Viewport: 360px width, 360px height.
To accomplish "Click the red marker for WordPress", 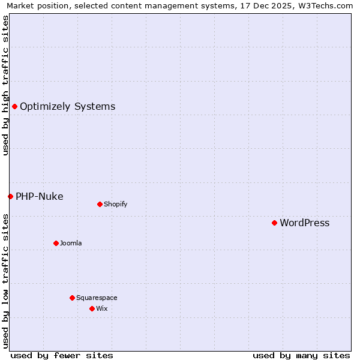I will pyautogui.click(x=274, y=223).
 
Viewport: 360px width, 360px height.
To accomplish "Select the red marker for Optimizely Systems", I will pyautogui.click(x=14, y=106).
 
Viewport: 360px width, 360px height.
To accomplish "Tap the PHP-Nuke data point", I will pyautogui.click(x=10, y=196).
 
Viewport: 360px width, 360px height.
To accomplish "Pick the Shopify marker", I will pyautogui.click(x=100, y=204).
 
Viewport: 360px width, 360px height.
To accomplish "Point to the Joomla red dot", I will pyautogui.click(x=56, y=243).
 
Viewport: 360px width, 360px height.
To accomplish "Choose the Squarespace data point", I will pyautogui.click(x=72, y=298).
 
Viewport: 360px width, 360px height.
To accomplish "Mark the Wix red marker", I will pyautogui.click(x=92, y=308).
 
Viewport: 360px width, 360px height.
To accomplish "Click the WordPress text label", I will pyautogui.click(x=304, y=223).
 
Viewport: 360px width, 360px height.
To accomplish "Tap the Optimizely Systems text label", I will pyautogui.click(x=67, y=107).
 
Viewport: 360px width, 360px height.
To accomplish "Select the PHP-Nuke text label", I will pyautogui.click(x=39, y=197).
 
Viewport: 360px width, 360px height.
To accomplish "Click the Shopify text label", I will pyautogui.click(x=115, y=204).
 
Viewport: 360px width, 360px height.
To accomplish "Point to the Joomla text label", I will pyautogui.click(x=70, y=243).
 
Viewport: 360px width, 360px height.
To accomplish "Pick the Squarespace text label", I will pyautogui.click(x=97, y=298).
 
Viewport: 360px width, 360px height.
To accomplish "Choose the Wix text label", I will pyautogui.click(x=101, y=308).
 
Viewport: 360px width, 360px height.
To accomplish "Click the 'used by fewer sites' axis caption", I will pyautogui.click(x=62, y=355).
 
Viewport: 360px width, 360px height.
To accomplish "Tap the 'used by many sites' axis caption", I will pyautogui.click(x=301, y=355).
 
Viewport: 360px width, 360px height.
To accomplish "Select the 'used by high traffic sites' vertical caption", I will pyautogui.click(x=5, y=85).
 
